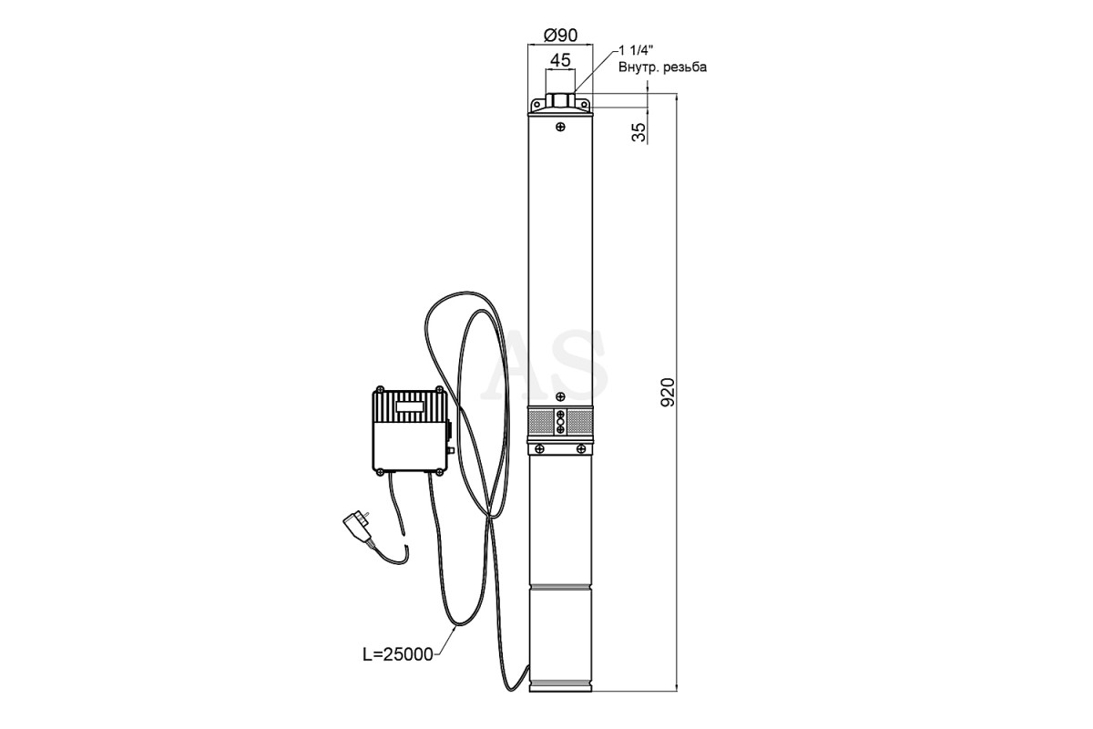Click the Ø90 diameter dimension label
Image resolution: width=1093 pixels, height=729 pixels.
click(561, 36)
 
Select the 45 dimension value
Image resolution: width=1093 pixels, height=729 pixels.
click(560, 60)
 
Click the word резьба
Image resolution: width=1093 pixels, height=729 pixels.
click(685, 67)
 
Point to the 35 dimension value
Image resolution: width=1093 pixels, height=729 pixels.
click(638, 132)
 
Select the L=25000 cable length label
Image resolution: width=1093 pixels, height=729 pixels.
click(398, 654)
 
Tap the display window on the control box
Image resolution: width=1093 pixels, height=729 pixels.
click(410, 406)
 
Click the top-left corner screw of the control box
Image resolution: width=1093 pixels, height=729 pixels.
click(379, 391)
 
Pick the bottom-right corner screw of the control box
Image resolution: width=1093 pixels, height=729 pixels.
click(441, 471)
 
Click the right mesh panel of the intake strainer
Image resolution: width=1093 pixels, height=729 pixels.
click(580, 423)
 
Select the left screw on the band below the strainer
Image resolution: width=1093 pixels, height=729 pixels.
click(539, 448)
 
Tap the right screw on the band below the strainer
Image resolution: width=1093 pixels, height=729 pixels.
click(581, 448)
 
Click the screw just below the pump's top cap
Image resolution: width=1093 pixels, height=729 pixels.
click(561, 127)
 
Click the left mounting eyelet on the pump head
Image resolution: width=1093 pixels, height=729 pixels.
click(536, 105)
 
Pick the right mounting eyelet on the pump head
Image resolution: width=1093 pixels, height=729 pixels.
click(584, 105)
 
